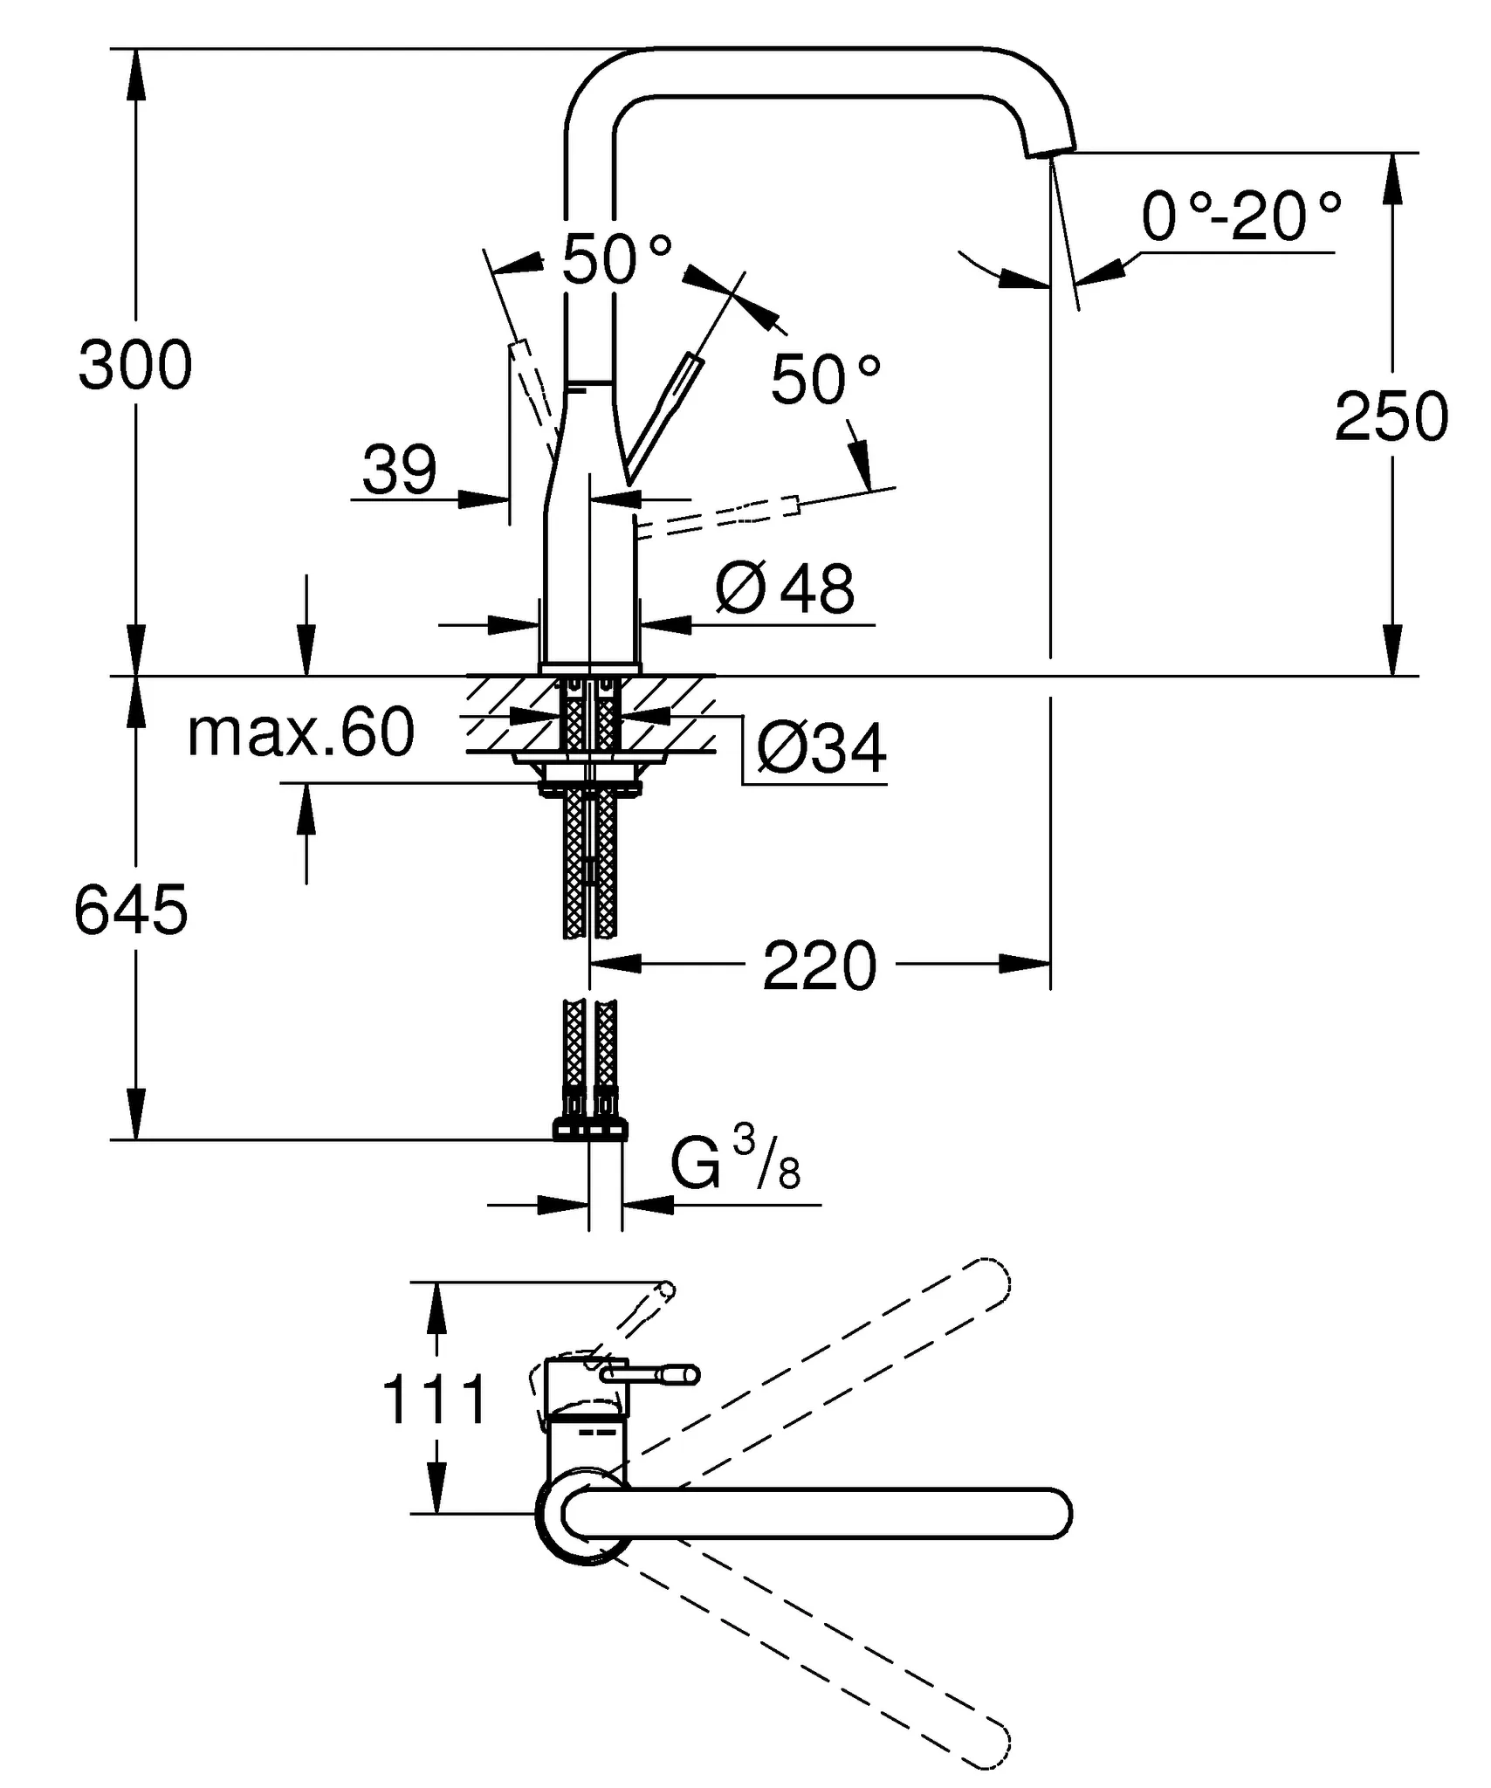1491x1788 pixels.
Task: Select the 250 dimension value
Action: (1391, 417)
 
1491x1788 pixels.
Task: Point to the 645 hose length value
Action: (131, 911)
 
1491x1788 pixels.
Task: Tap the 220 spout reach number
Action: (819, 966)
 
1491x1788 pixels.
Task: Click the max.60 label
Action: (300, 733)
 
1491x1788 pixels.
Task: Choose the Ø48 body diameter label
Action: (785, 589)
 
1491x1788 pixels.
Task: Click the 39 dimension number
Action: (399, 471)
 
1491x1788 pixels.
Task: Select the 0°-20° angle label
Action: (1240, 217)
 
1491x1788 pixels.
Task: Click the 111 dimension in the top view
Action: (434, 1399)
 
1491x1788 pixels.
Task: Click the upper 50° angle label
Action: (616, 260)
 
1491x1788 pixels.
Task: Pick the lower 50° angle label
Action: (825, 380)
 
